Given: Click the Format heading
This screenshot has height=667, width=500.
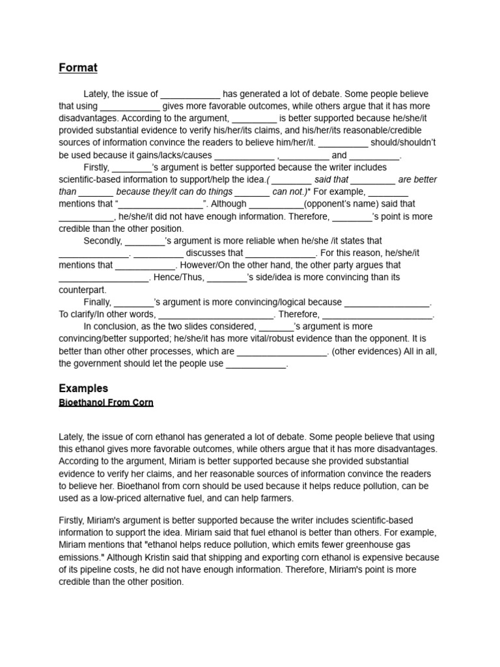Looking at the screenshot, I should (77, 67).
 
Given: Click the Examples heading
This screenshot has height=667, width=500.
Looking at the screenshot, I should (83, 388).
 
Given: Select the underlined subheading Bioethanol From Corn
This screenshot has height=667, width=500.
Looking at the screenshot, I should (106, 403).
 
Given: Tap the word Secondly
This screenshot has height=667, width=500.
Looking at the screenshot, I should (103, 241).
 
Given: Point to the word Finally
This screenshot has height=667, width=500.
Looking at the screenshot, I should (97, 302).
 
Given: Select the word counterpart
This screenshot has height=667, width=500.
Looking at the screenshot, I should (82, 290).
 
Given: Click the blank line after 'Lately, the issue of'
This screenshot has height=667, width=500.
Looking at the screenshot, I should (190, 94).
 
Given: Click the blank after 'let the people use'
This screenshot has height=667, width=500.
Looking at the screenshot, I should (256, 364).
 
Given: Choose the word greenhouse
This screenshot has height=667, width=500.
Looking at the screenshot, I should (385, 545).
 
